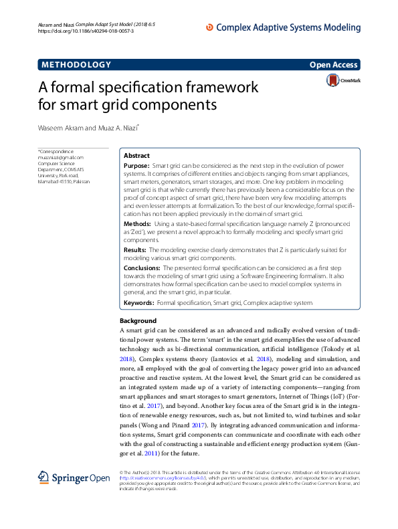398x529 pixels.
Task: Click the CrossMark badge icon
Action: click(332, 81)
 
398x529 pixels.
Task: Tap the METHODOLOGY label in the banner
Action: click(76, 65)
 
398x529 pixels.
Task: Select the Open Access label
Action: click(333, 65)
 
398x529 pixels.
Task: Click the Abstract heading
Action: click(136, 154)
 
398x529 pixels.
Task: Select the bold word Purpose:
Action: click(137, 165)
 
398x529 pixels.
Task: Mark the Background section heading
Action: click(137, 321)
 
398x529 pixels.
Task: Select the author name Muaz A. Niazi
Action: click(117, 127)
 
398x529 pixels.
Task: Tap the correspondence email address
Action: click(61, 158)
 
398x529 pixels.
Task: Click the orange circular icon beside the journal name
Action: click(209, 27)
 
